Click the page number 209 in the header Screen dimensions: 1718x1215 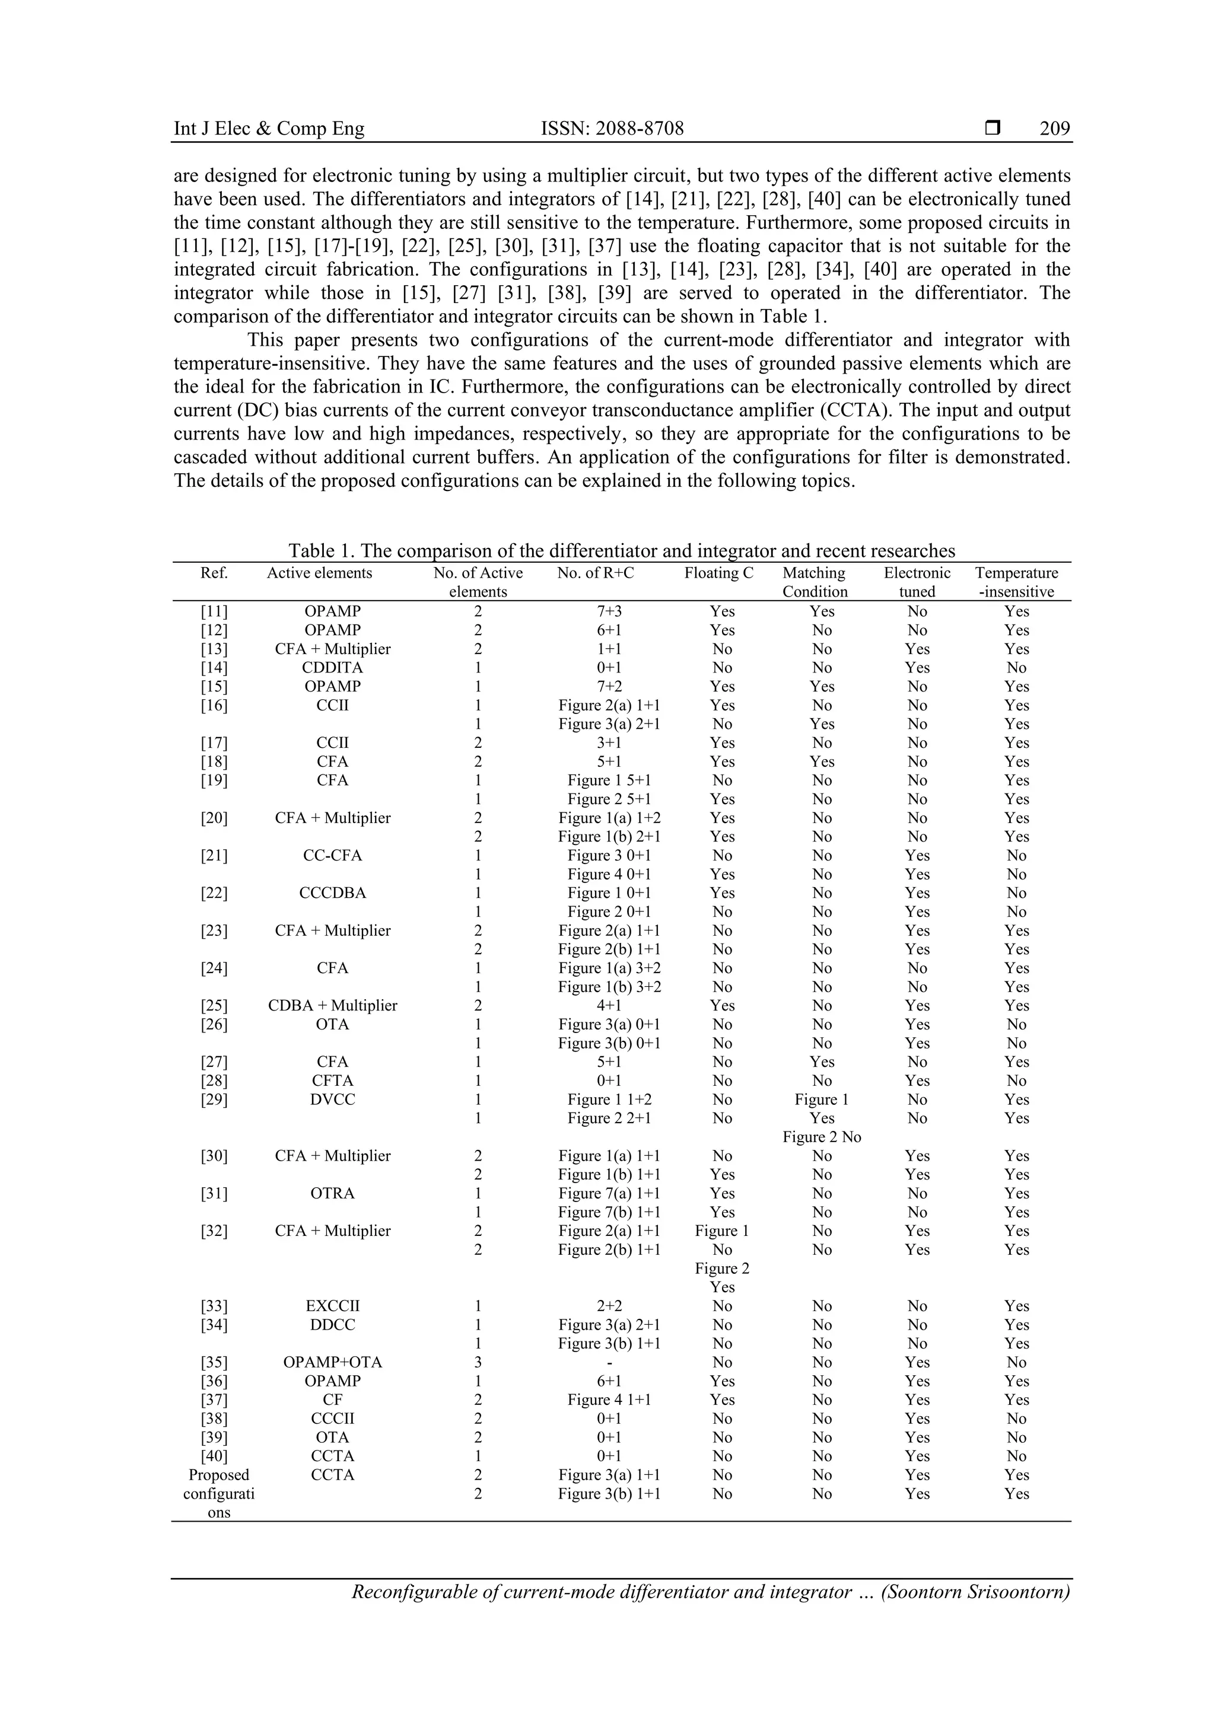1054,129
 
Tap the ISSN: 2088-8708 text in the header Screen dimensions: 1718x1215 612,129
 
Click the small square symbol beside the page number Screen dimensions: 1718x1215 993,128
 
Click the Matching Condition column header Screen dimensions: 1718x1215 815,582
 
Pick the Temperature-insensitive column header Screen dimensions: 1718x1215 1017,582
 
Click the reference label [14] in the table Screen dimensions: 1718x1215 214,667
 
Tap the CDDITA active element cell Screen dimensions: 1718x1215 332,667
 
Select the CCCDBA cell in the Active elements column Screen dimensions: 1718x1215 332,893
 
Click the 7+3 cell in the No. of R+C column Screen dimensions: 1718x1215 609,611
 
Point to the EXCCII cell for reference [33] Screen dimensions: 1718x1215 332,1306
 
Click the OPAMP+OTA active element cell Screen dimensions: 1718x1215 332,1362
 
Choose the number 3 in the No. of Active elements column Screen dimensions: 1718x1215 478,1362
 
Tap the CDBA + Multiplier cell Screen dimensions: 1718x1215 332,1006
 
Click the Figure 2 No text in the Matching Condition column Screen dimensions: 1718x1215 821,1137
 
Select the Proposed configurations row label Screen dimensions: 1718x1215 218,1493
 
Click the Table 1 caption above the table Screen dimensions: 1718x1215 621,552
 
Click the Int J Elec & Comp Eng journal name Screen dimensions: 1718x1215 269,129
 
